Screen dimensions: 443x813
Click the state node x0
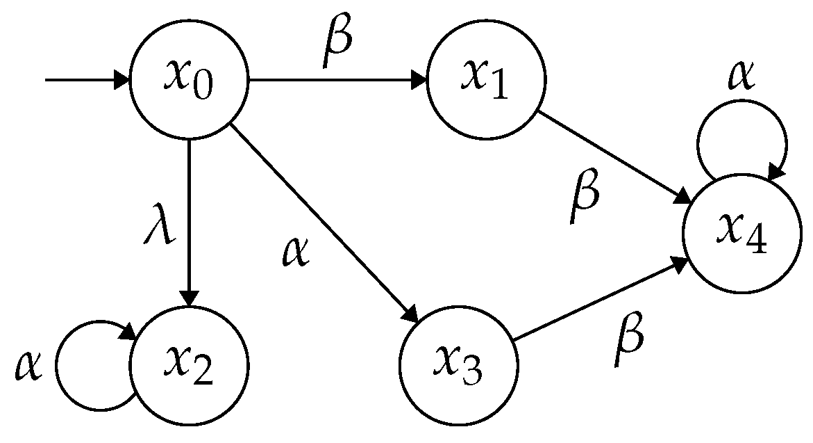189,81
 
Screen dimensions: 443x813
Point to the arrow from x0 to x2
189,223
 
